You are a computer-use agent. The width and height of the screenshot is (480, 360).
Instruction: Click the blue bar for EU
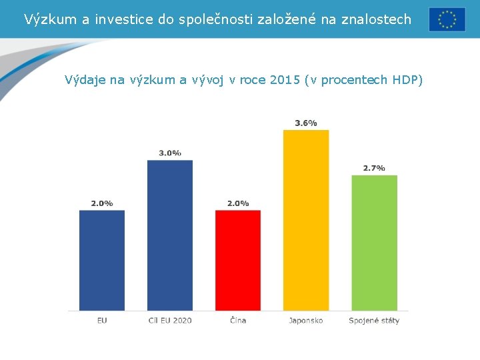click(x=102, y=260)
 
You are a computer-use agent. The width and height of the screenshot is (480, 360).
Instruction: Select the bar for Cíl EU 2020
click(x=170, y=235)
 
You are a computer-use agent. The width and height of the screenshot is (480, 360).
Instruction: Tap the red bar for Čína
click(x=238, y=260)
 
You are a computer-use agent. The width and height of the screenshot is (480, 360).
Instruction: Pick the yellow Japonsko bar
click(x=306, y=220)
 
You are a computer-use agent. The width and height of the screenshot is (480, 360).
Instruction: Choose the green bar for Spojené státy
click(x=374, y=243)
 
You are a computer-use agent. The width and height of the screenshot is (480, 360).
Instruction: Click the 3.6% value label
click(x=306, y=123)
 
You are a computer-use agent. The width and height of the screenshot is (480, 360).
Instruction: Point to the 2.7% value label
click(x=374, y=168)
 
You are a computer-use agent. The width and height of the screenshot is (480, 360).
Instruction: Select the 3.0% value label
click(x=170, y=153)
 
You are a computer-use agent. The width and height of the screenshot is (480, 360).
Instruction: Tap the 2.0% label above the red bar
click(x=238, y=203)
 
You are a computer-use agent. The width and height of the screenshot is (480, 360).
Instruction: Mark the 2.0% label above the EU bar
click(x=102, y=203)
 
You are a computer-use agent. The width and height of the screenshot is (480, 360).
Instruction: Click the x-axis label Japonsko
click(x=306, y=321)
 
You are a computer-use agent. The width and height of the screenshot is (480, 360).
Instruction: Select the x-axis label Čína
click(x=238, y=321)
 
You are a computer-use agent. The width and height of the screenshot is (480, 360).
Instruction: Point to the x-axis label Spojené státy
click(x=374, y=321)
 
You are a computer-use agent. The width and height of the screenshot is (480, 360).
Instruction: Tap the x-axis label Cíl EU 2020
click(x=170, y=321)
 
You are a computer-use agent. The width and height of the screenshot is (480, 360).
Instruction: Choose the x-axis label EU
click(x=102, y=321)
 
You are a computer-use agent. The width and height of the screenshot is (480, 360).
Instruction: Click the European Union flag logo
click(x=447, y=19)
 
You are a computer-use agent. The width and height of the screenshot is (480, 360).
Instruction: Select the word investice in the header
click(x=126, y=19)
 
